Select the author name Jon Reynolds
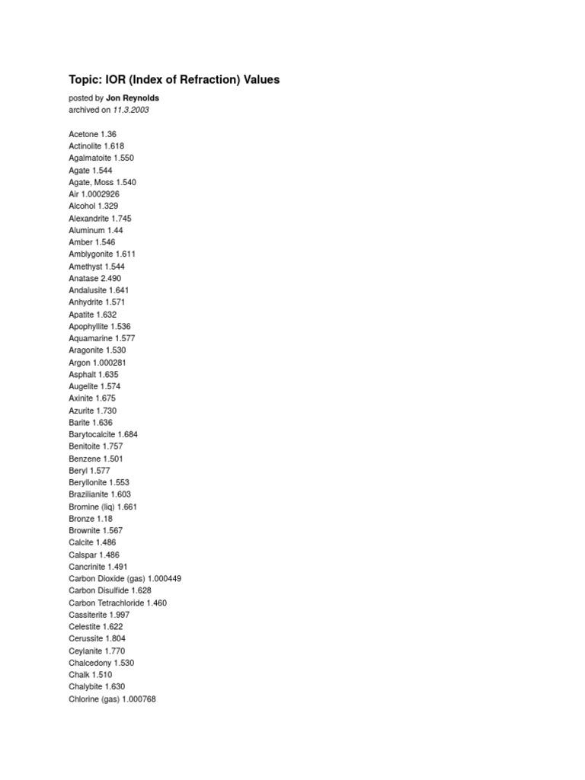pos(133,98)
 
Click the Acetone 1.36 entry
pos(92,134)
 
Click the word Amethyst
pos(85,267)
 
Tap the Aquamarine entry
pos(90,338)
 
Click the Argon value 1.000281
pos(110,363)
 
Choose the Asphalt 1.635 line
pos(93,375)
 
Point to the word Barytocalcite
pos(92,434)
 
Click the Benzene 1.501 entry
pos(95,459)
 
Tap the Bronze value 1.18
pos(104,519)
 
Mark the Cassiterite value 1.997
pos(120,615)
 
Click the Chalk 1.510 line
pos(90,675)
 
